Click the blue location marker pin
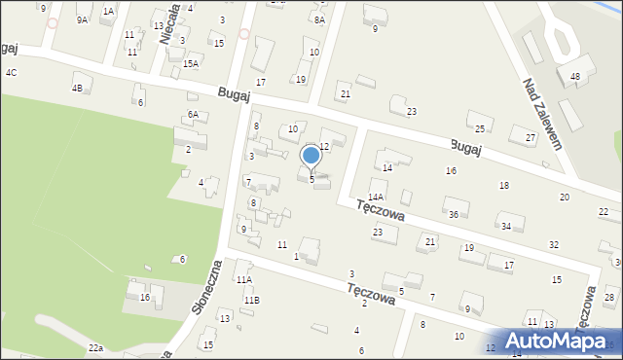[x=311, y=157]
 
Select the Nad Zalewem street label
[x=542, y=114]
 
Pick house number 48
[x=575, y=76]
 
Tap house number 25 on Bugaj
[x=480, y=128]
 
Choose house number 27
[x=530, y=138]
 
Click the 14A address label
[x=376, y=197]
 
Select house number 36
[x=453, y=214]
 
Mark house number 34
[x=506, y=227]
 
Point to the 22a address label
[x=95, y=347]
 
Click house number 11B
[x=252, y=300]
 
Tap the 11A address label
[x=244, y=279]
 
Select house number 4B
[x=77, y=89]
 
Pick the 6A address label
[x=193, y=115]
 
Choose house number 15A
[x=191, y=64]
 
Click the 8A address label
[x=319, y=19]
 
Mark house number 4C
[x=11, y=73]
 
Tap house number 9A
[x=82, y=19]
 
